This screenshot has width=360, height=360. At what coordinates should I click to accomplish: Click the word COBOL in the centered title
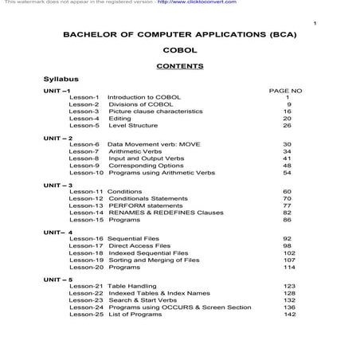(x=179, y=50)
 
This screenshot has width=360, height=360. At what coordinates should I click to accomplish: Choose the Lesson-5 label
(x=84, y=125)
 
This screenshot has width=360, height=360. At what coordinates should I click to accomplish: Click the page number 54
(x=287, y=172)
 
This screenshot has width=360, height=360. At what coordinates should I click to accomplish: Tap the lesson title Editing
(x=119, y=118)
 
